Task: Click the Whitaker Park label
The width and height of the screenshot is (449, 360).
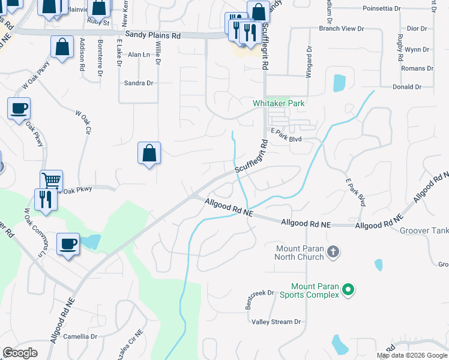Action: (x=279, y=103)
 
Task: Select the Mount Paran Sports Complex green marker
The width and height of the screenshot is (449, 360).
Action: (x=348, y=291)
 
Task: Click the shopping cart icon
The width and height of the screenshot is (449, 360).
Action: (x=52, y=179)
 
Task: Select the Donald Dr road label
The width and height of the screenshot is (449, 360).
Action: (x=406, y=87)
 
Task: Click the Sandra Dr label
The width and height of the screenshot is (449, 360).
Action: (x=138, y=83)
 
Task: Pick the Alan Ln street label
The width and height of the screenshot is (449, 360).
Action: (x=138, y=54)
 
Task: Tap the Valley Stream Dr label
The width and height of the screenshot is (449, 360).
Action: (x=276, y=322)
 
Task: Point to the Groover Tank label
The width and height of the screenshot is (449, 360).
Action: (x=426, y=230)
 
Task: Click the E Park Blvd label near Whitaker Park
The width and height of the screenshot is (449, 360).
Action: (x=286, y=139)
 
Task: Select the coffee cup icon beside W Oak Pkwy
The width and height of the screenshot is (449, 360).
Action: (x=19, y=108)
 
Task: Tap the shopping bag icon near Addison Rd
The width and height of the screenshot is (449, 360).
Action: (x=62, y=46)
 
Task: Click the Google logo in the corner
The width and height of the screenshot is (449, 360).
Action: (x=20, y=353)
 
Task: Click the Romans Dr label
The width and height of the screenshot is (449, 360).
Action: (x=417, y=69)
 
